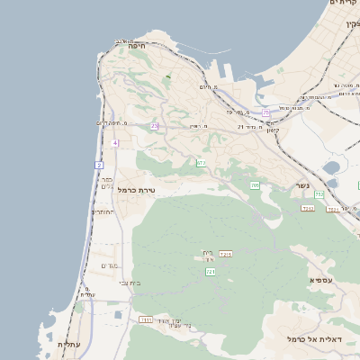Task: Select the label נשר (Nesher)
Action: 303,186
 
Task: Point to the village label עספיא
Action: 322,280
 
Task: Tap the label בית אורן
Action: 208,256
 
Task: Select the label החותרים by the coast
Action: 101,212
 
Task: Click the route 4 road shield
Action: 115,143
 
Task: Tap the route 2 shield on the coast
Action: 98,165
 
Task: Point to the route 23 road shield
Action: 154,126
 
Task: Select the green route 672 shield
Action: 201,163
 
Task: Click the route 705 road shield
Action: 255,185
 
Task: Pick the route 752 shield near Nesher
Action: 319,193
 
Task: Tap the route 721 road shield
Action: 211,271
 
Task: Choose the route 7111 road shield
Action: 147,319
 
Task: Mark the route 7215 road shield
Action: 225,255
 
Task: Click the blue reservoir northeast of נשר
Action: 332,166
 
